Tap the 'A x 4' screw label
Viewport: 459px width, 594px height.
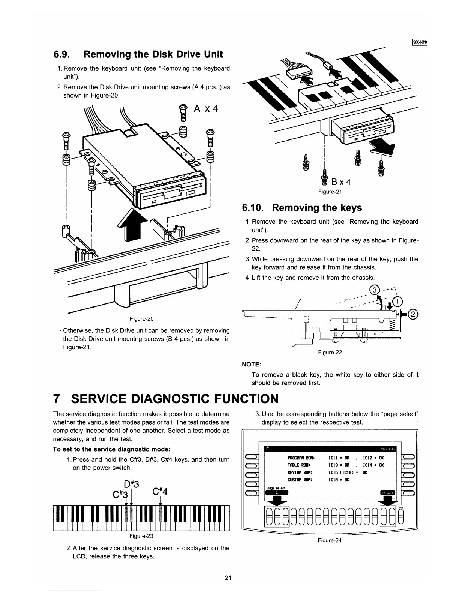point(206,109)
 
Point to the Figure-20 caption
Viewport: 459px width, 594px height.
point(141,319)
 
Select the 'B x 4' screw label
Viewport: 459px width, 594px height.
point(341,182)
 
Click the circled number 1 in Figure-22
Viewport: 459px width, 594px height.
point(397,301)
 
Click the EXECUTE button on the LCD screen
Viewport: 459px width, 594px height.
point(388,493)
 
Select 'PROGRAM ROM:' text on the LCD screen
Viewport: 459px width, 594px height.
point(300,458)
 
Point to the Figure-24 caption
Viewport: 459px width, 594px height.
point(330,540)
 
